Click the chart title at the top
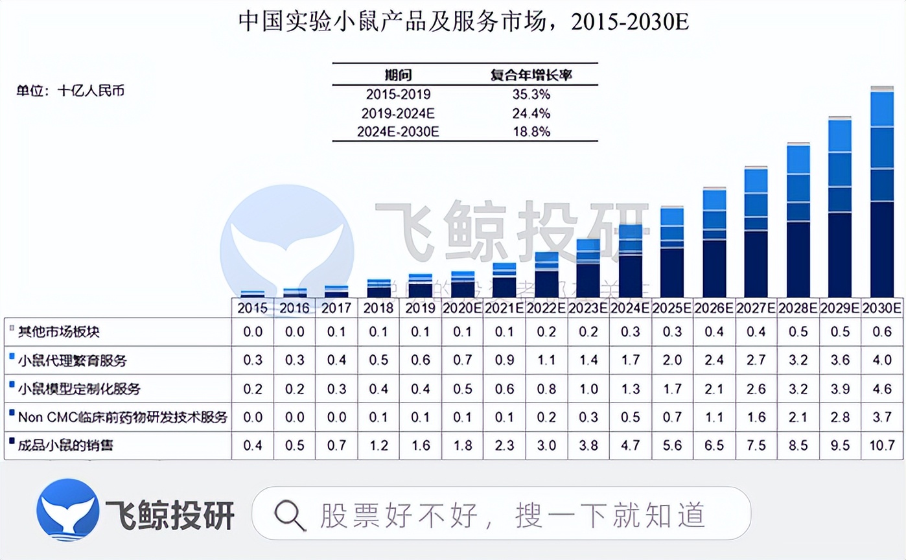point(463,23)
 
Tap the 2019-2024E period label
point(398,113)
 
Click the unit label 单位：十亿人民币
point(70,91)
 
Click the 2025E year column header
point(673,308)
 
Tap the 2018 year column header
point(378,308)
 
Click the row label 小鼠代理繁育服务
point(72,360)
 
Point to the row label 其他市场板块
point(59,332)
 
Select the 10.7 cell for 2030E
point(882,445)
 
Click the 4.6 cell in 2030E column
point(882,388)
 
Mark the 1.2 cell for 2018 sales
point(378,445)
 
